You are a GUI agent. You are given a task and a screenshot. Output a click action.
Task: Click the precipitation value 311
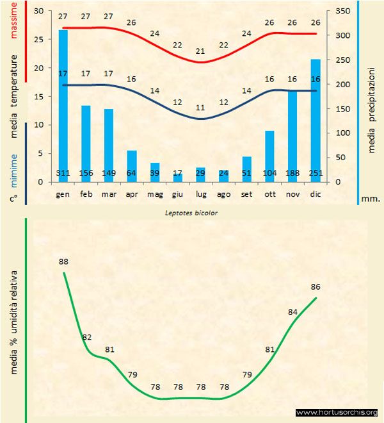tap(63, 173)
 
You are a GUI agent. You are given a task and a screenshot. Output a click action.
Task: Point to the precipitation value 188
tap(293, 173)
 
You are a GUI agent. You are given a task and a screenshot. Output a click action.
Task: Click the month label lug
tap(201, 193)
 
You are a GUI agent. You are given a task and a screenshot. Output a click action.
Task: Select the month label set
tap(246, 193)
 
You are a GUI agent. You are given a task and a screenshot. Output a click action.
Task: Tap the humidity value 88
tap(63, 261)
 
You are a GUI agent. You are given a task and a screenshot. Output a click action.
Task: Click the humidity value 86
tap(316, 287)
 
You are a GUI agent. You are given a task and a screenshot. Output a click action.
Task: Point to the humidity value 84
tap(293, 312)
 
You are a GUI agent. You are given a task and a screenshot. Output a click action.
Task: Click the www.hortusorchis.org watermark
tap(337, 412)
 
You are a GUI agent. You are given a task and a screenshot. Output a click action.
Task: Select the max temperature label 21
tap(201, 51)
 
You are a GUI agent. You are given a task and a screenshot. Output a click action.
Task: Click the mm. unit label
tap(371, 199)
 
